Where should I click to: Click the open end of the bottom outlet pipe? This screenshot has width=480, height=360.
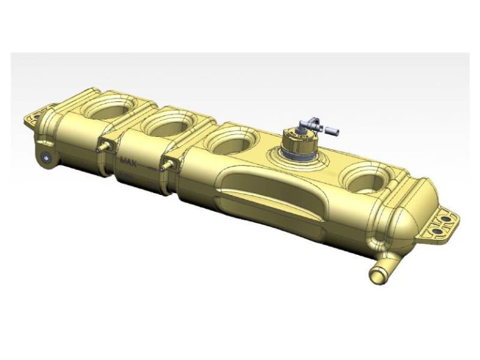click(377, 273)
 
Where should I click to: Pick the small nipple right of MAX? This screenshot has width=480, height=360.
click(166, 165)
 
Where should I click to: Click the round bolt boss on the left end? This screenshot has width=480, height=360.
click(46, 157)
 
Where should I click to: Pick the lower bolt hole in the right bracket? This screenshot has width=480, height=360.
click(439, 231)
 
